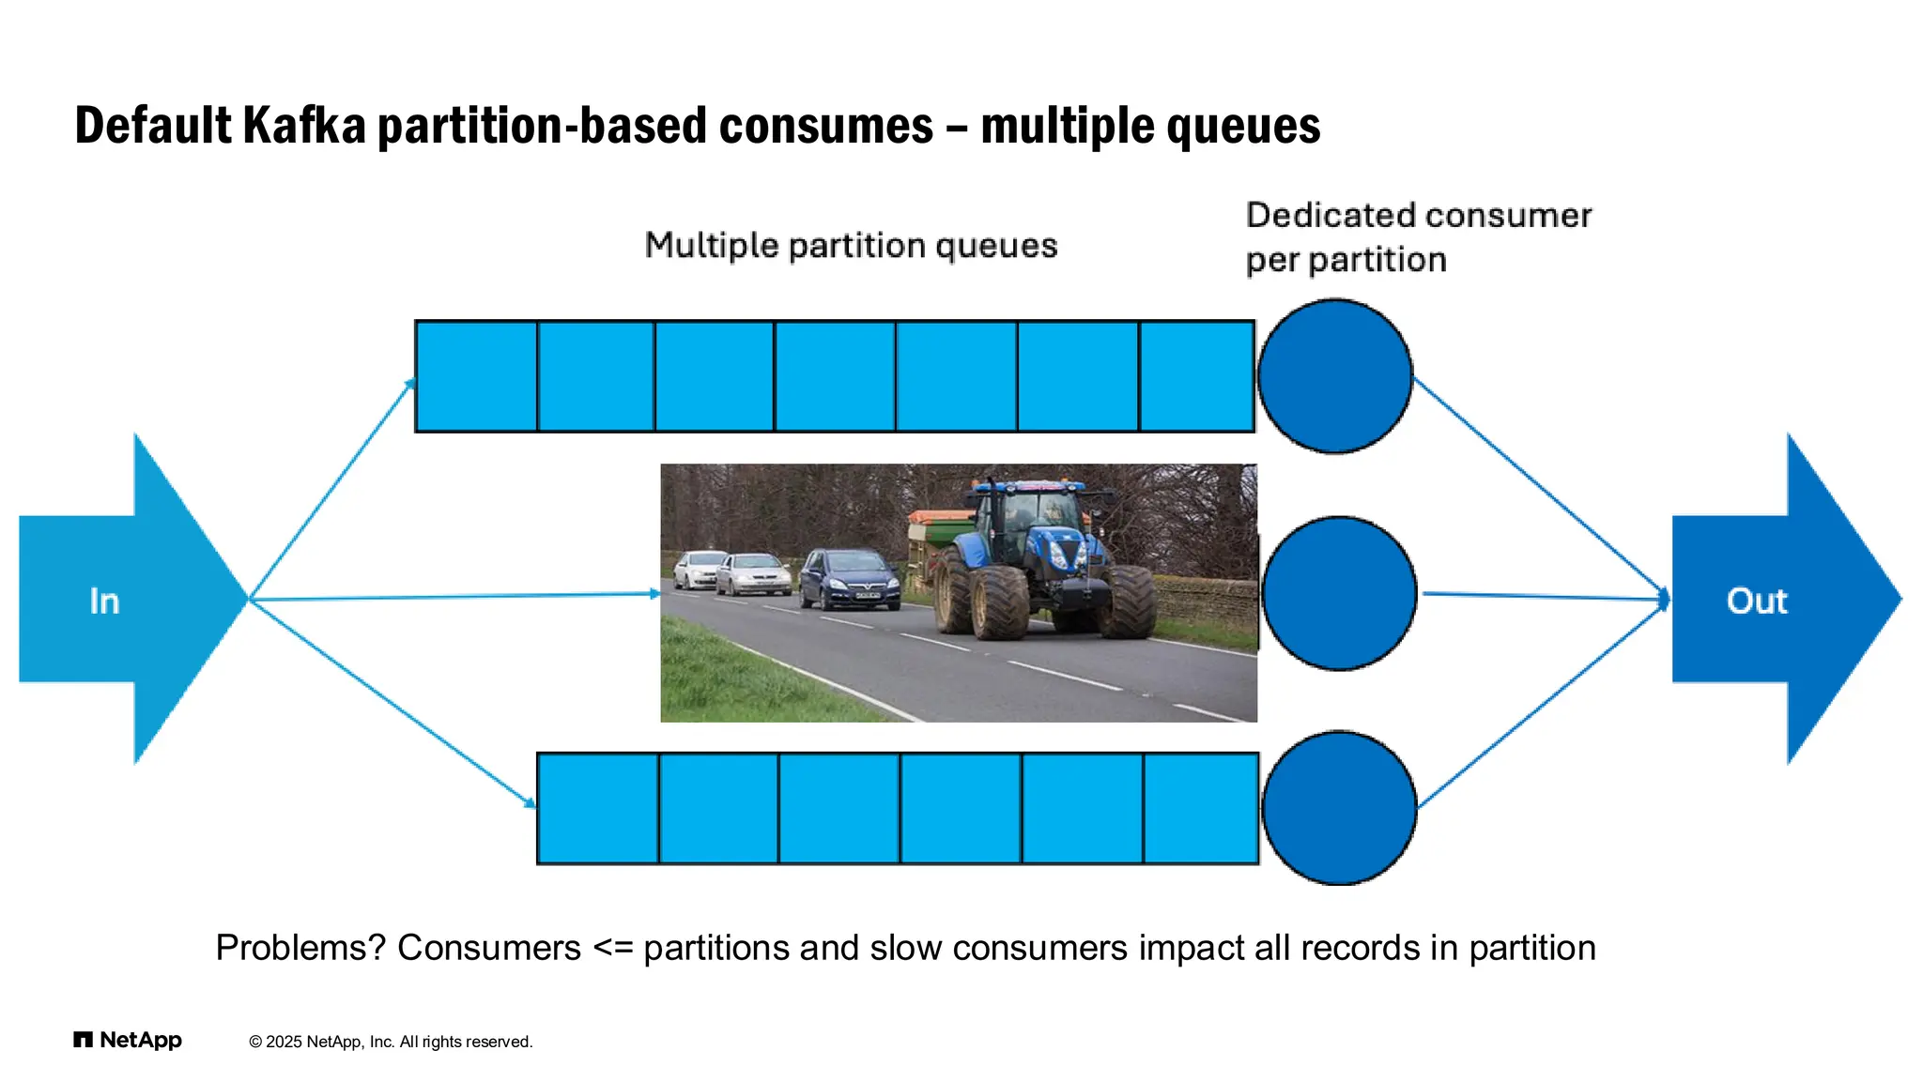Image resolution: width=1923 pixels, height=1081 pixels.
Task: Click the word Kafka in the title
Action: click(x=303, y=126)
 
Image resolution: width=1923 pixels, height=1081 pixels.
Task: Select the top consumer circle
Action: click(x=1334, y=376)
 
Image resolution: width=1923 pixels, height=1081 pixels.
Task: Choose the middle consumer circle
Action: click(x=1339, y=593)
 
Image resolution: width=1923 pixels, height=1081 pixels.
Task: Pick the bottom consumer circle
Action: click(x=1339, y=808)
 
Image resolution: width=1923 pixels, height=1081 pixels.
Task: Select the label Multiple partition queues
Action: click(x=851, y=246)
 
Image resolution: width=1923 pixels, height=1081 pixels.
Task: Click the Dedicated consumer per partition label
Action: click(x=1418, y=237)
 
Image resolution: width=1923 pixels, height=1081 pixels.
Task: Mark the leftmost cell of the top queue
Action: click(x=476, y=376)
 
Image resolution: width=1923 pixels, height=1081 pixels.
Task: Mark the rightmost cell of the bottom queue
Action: click(x=1201, y=808)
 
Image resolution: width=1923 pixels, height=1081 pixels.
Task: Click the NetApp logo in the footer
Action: click(x=128, y=1040)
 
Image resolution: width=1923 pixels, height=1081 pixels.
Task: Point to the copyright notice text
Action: click(x=391, y=1042)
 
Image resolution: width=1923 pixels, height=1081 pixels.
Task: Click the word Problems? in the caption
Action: click(x=300, y=948)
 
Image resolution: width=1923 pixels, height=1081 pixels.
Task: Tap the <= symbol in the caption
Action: click(x=612, y=949)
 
